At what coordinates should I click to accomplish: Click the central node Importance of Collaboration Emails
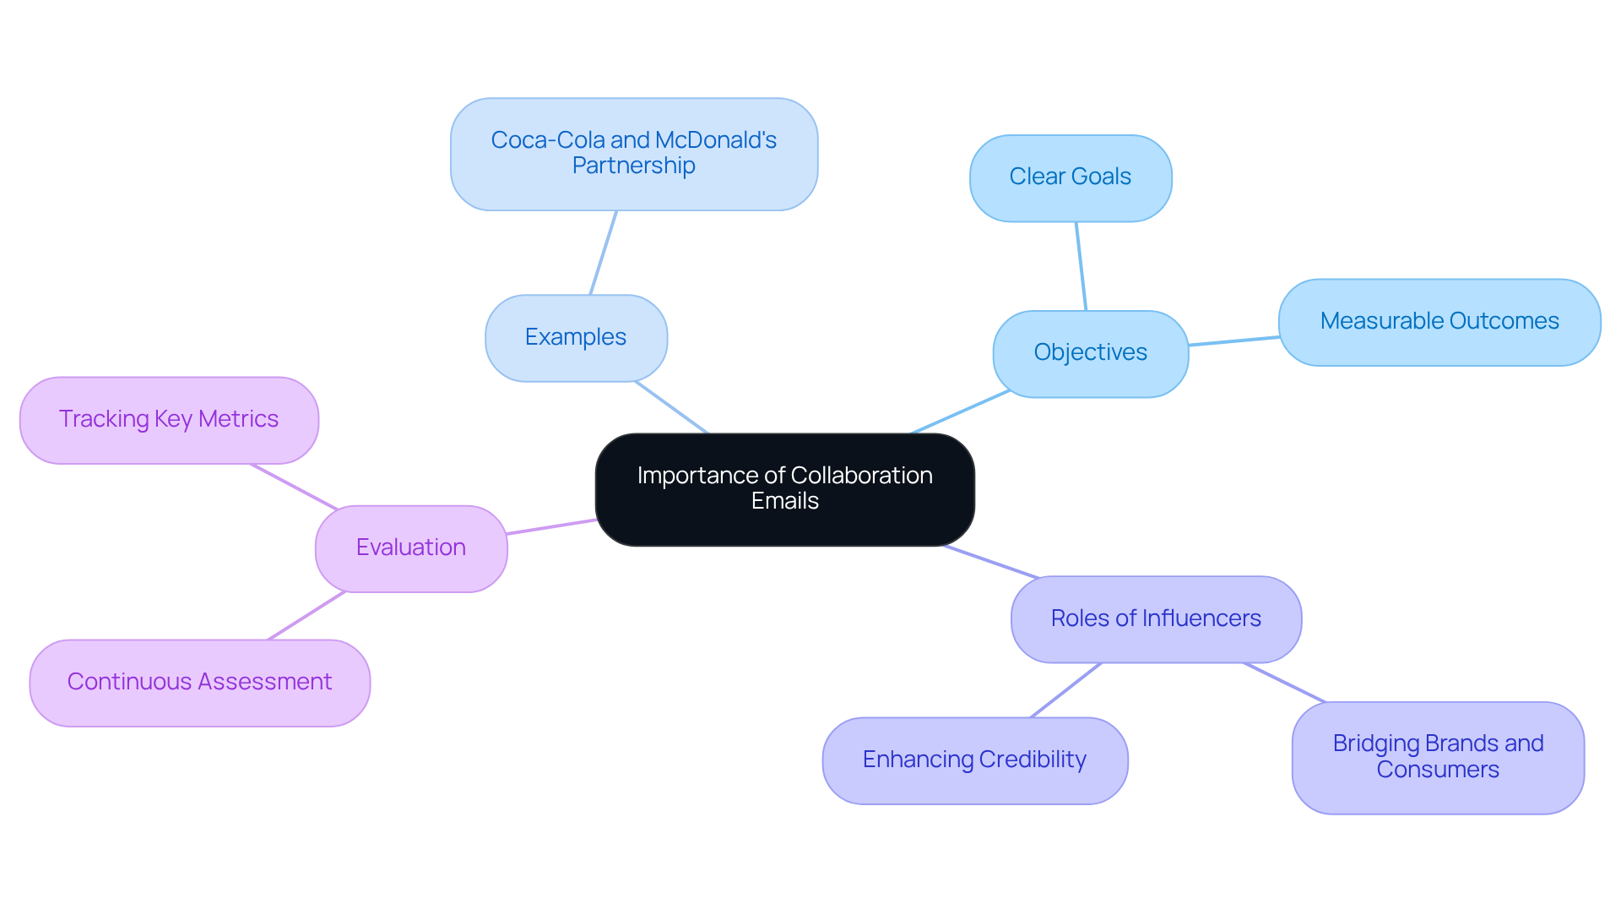pyautogui.click(x=784, y=489)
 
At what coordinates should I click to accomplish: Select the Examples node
pyautogui.click(x=576, y=338)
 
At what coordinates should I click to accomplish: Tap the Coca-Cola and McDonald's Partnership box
pyautogui.click(x=633, y=154)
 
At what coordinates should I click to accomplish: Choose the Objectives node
pyautogui.click(x=1090, y=353)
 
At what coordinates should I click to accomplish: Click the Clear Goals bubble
pyautogui.click(x=1070, y=177)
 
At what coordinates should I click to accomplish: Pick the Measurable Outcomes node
pyautogui.click(x=1439, y=322)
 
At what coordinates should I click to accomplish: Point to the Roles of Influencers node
pyautogui.click(x=1155, y=619)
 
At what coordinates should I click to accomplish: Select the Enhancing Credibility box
pyautogui.click(x=974, y=760)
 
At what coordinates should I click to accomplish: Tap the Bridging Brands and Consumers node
pyautogui.click(x=1437, y=757)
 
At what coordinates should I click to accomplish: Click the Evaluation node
pyautogui.click(x=411, y=548)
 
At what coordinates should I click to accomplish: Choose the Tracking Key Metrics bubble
pyautogui.click(x=169, y=420)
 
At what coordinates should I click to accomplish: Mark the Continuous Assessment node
pyautogui.click(x=199, y=683)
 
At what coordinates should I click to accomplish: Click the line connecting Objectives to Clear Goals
pyautogui.click(x=1081, y=266)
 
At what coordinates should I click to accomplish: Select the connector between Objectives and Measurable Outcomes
pyautogui.click(x=1233, y=340)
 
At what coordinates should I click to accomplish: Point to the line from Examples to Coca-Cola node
pyautogui.click(x=603, y=253)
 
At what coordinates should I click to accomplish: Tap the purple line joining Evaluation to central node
pyautogui.click(x=551, y=526)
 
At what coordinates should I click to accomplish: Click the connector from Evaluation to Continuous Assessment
pyautogui.click(x=306, y=615)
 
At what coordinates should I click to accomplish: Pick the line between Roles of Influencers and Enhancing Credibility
pyautogui.click(x=1065, y=690)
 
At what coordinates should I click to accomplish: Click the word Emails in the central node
pyautogui.click(x=784, y=501)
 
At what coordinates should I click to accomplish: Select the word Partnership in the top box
pyautogui.click(x=633, y=166)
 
